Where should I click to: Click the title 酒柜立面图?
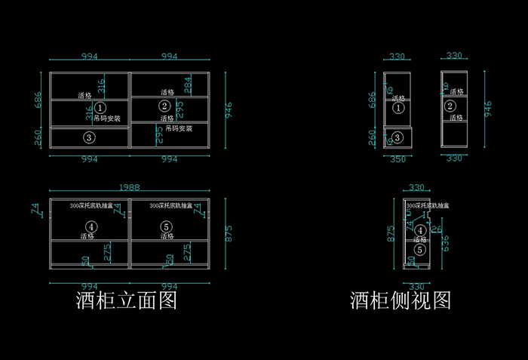click(126, 301)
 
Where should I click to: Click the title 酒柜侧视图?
click(401, 301)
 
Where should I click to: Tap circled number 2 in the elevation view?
click(164, 106)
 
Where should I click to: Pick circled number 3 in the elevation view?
click(89, 137)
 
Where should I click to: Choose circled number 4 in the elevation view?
click(91, 226)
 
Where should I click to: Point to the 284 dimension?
click(188, 85)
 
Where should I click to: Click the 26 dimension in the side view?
click(435, 229)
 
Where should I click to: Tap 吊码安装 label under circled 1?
click(106, 118)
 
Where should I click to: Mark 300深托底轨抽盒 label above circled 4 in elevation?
click(91, 205)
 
